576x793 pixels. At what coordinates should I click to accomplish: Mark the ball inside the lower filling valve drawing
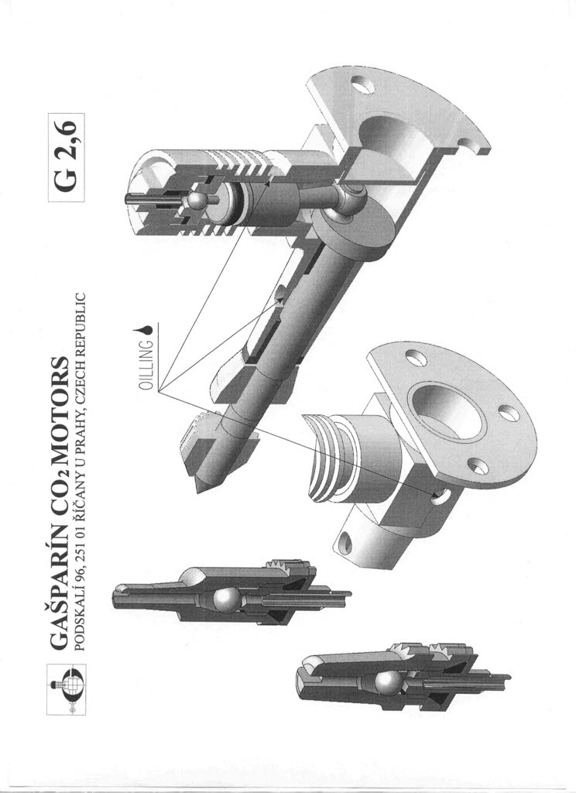387,683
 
